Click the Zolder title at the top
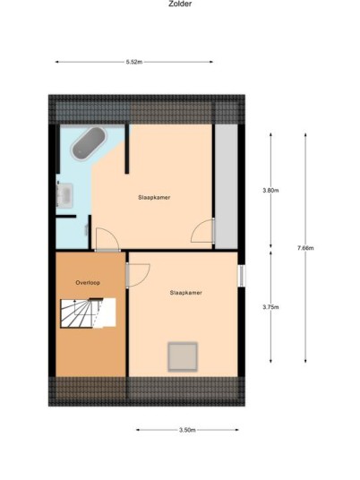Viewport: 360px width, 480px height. [180, 4]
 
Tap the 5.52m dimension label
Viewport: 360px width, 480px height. [134, 62]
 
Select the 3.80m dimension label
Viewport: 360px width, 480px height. [270, 190]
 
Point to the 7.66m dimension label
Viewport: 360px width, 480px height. [305, 248]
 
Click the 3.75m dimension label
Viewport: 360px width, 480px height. [270, 307]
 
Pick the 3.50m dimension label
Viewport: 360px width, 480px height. [187, 430]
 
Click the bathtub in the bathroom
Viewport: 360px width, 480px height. [89, 143]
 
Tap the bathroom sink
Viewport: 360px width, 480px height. [64, 195]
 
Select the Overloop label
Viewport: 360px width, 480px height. [88, 283]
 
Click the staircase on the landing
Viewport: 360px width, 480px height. [88, 313]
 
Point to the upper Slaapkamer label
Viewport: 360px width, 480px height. [154, 197]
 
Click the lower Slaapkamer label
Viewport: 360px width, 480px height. [185, 293]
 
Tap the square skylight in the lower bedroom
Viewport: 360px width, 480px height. [183, 357]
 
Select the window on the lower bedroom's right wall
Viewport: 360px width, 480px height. [242, 275]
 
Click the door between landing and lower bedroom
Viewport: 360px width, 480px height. [137, 275]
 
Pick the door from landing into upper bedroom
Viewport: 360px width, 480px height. [107, 240]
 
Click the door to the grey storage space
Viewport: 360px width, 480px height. [202, 231]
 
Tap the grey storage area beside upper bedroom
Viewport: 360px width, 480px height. [227, 186]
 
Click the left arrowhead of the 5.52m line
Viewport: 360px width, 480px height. [57, 62]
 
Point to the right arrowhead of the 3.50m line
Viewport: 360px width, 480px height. [236, 430]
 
